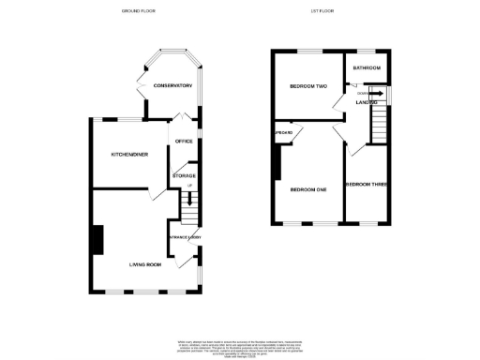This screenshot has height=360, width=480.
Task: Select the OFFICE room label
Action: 184,141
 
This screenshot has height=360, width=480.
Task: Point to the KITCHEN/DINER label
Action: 130,154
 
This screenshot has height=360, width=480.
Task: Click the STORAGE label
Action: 184,175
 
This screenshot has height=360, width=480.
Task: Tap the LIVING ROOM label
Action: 146,265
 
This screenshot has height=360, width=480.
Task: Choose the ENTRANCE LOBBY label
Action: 185,237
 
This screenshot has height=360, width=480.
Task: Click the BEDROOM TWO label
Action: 307,87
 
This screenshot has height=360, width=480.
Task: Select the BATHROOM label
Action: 366,68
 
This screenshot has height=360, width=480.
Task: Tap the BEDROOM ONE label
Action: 307,190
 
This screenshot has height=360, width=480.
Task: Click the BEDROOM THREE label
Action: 366,185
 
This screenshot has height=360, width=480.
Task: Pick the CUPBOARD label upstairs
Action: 283,132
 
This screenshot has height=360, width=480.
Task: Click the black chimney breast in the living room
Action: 97,239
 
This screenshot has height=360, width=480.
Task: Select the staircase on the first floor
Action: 380,124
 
